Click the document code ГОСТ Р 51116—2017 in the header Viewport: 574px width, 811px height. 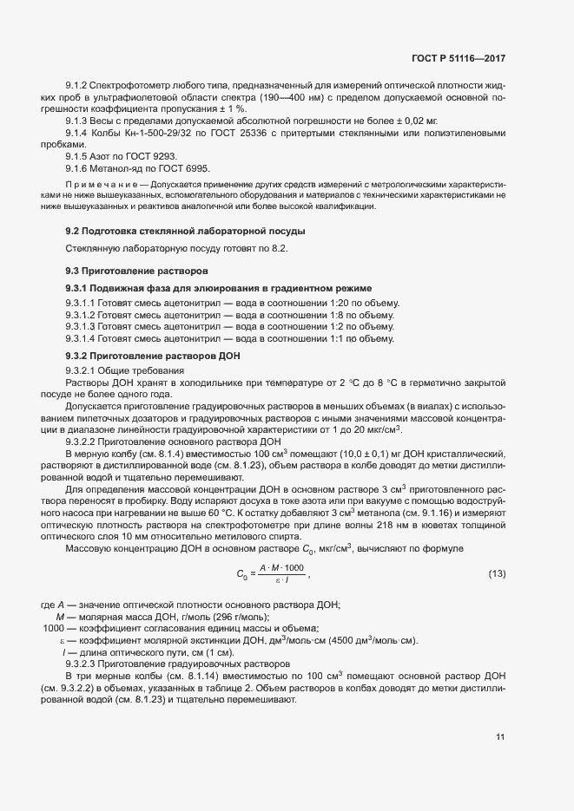click(x=458, y=59)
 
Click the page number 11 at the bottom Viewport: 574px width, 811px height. click(x=500, y=738)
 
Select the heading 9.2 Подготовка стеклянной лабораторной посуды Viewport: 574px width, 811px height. click(x=185, y=231)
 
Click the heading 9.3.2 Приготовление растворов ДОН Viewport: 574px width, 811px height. click(x=153, y=357)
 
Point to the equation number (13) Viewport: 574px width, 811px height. click(x=498, y=574)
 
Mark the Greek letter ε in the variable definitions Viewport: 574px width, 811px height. click(x=62, y=640)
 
